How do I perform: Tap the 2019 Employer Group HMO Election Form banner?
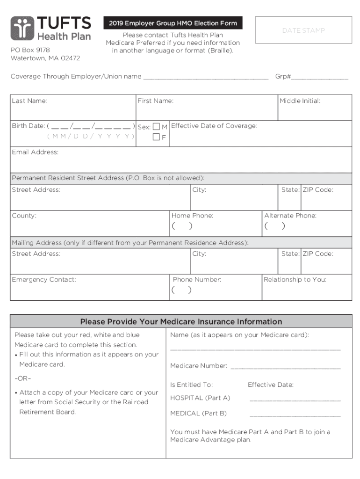(x=173, y=23)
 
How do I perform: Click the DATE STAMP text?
(x=303, y=30)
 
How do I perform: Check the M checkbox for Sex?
(x=157, y=127)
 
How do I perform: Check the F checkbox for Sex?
(x=157, y=137)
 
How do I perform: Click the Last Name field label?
(x=29, y=101)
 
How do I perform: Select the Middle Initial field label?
(x=300, y=101)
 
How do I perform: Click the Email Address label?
(x=35, y=152)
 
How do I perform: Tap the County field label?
(x=24, y=216)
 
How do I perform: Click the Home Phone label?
(x=192, y=216)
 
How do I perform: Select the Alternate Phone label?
(x=290, y=216)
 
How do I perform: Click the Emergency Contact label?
(x=43, y=280)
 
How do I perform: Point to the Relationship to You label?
(x=295, y=280)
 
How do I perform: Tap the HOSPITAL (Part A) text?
(x=200, y=398)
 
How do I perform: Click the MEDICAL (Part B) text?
(x=198, y=414)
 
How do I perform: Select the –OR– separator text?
(x=23, y=378)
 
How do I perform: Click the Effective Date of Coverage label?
(x=214, y=126)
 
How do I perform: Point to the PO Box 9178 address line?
(x=30, y=50)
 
